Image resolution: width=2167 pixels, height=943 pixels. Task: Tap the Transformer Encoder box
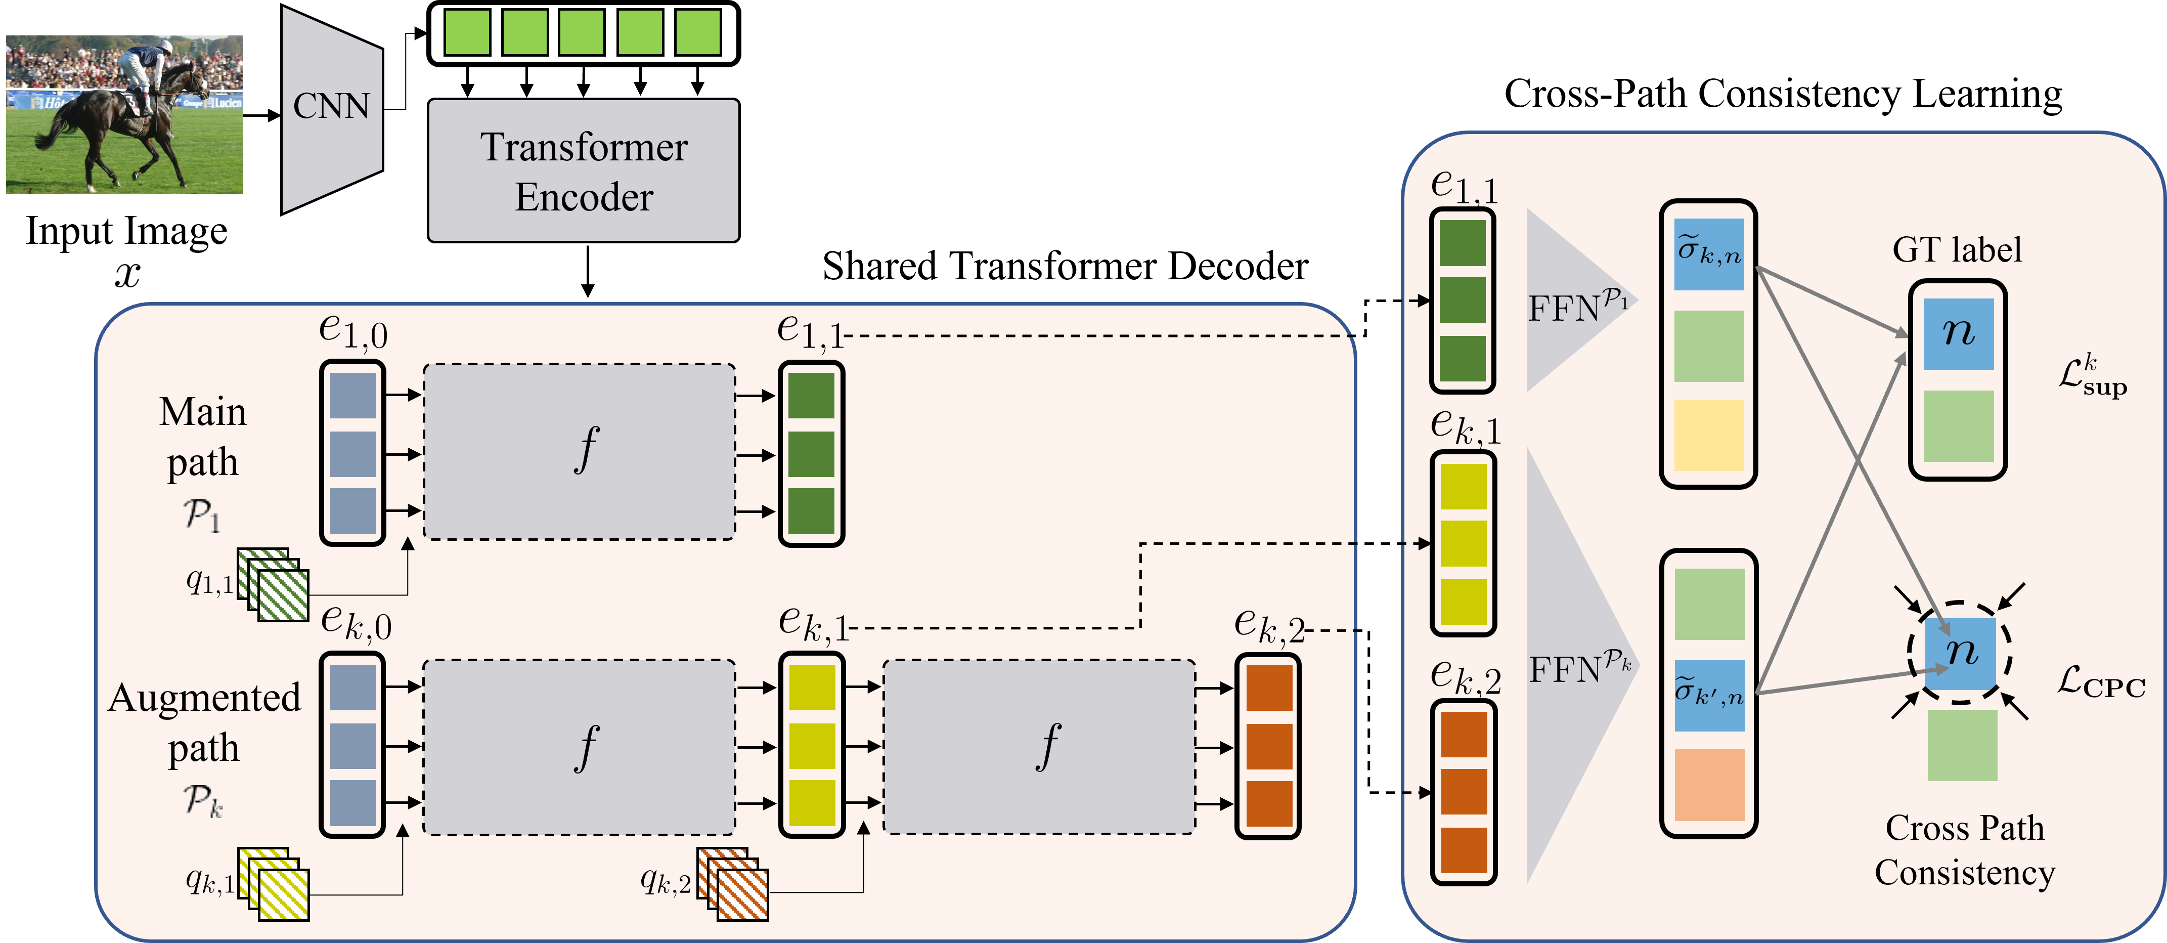point(584,171)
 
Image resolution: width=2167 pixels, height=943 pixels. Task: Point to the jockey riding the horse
point(151,76)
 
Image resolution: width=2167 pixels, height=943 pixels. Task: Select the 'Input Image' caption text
point(126,231)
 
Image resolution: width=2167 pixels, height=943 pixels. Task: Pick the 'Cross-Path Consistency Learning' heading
point(1783,94)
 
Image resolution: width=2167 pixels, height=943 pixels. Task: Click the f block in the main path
point(580,452)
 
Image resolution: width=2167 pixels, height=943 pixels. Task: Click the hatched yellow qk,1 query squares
point(274,884)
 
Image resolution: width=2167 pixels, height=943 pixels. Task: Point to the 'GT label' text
point(1957,250)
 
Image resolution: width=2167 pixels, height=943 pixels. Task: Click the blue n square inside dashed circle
point(1960,654)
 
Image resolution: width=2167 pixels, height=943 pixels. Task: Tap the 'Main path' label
point(203,438)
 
